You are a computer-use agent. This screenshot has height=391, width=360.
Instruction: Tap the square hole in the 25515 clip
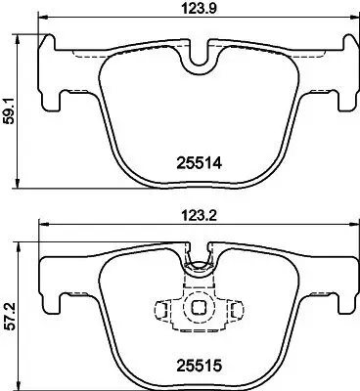point(200,305)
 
